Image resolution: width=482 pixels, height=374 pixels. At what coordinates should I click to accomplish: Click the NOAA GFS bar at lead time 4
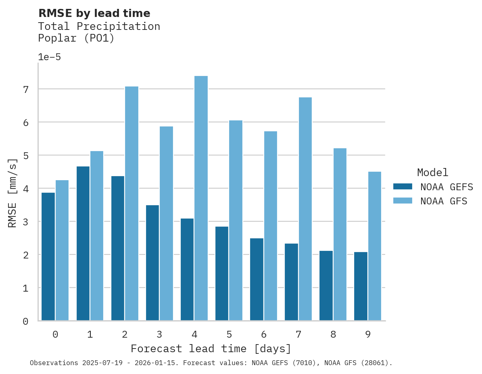pyautogui.click(x=201, y=198)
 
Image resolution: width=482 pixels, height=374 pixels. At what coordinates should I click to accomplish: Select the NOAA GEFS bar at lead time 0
pyautogui.click(x=48, y=256)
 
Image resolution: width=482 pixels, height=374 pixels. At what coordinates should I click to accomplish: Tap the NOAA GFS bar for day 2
pyautogui.click(x=131, y=204)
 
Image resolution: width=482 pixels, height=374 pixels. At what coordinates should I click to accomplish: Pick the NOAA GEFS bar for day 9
pyautogui.click(x=361, y=286)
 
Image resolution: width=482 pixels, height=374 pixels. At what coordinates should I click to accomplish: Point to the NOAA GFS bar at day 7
pyautogui.click(x=305, y=209)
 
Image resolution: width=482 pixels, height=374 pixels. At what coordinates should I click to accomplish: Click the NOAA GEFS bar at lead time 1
pyautogui.click(x=83, y=244)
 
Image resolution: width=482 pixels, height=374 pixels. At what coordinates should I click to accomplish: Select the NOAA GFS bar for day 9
pyautogui.click(x=374, y=246)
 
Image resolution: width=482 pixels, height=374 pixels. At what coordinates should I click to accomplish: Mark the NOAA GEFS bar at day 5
pyautogui.click(x=222, y=273)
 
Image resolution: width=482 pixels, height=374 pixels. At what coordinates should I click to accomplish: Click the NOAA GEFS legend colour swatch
pyautogui.click(x=403, y=187)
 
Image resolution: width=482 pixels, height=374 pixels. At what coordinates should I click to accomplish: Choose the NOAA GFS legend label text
pyautogui.click(x=444, y=201)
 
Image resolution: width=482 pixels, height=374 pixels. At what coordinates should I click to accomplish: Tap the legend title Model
pyautogui.click(x=432, y=172)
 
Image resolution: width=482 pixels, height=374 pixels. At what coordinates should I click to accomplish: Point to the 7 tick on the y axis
pyautogui.click(x=25, y=89)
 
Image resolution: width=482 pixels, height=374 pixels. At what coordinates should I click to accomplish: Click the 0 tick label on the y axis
pyautogui.click(x=25, y=321)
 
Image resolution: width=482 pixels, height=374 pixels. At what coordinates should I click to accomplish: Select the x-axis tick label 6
pyautogui.click(x=264, y=334)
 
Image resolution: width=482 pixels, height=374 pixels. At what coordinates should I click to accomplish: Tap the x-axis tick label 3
pyautogui.click(x=159, y=334)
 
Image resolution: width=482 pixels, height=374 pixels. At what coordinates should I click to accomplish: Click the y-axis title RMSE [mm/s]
pyautogui.click(x=13, y=192)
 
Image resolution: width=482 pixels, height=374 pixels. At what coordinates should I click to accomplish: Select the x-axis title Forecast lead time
pyautogui.click(x=211, y=349)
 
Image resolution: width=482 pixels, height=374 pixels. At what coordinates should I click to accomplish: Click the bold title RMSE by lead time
pyautogui.click(x=94, y=13)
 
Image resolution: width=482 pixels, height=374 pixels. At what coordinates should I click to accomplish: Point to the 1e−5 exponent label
pyautogui.click(x=49, y=57)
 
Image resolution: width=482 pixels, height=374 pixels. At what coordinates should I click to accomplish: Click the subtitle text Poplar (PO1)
pyautogui.click(x=76, y=38)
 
